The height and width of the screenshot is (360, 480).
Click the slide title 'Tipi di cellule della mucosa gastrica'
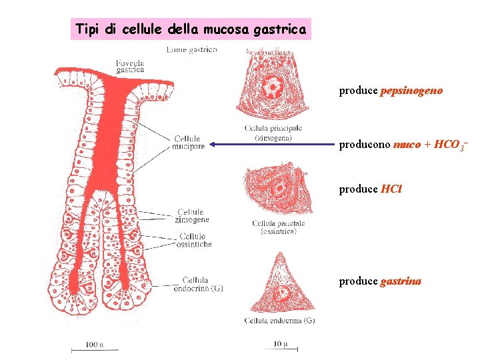point(191,29)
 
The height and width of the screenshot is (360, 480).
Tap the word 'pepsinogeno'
point(411,90)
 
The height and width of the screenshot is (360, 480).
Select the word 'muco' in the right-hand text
point(407,144)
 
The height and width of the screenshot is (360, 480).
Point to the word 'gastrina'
point(401,281)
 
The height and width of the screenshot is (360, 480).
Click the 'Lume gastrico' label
point(191,50)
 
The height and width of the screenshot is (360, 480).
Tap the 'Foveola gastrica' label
point(131,65)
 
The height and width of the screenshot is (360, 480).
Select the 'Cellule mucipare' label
point(189,143)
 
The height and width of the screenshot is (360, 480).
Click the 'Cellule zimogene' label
point(192,215)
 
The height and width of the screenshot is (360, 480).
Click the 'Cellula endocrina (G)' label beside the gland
point(198,284)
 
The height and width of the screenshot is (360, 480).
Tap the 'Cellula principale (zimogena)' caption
point(273,133)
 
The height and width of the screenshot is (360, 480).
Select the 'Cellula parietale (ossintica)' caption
point(278,227)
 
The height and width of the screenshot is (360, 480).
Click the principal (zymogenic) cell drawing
point(272,87)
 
